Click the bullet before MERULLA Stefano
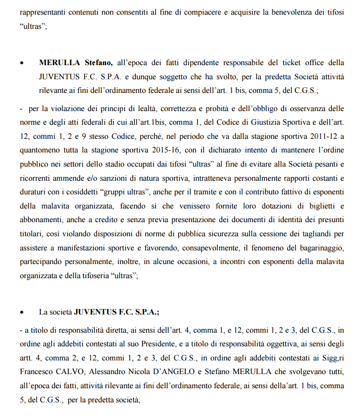(x=21, y=64)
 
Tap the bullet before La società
(x=21, y=312)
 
